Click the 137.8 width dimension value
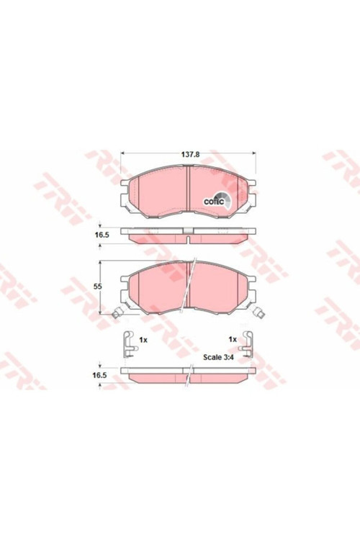click(x=191, y=155)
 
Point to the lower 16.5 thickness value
click(x=99, y=375)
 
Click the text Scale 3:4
click(x=218, y=357)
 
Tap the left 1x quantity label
click(x=143, y=340)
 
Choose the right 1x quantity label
click(x=233, y=339)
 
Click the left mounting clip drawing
click(x=130, y=345)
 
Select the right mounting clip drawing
click(x=247, y=345)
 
